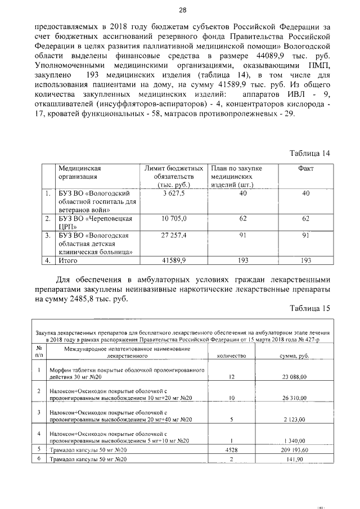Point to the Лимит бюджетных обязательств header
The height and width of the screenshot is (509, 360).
pos(173,176)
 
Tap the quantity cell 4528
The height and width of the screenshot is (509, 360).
pos(232,450)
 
